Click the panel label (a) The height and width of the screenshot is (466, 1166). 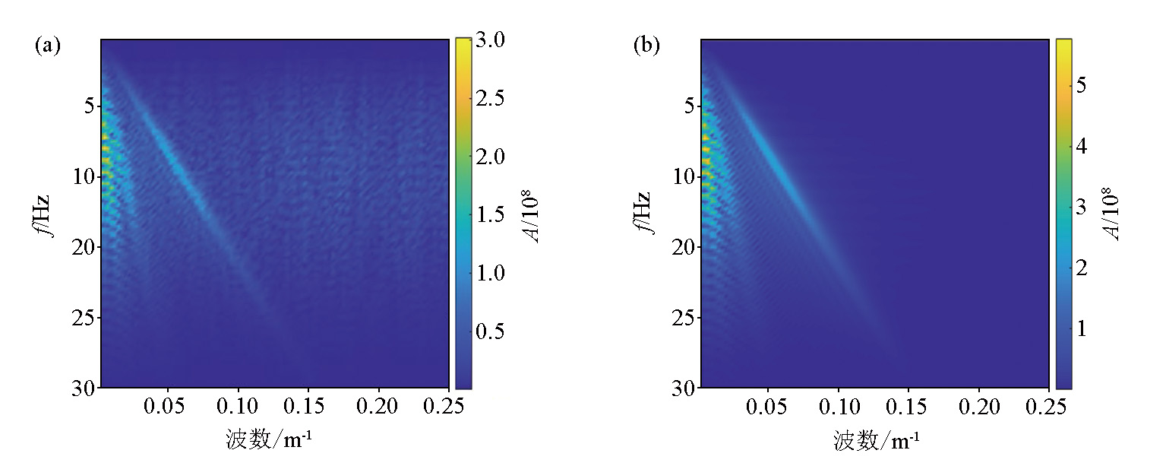(47, 46)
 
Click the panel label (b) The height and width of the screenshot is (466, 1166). (646, 46)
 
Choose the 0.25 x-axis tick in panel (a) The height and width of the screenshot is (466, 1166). (448, 407)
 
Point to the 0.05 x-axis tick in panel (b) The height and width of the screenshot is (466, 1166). (769, 407)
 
